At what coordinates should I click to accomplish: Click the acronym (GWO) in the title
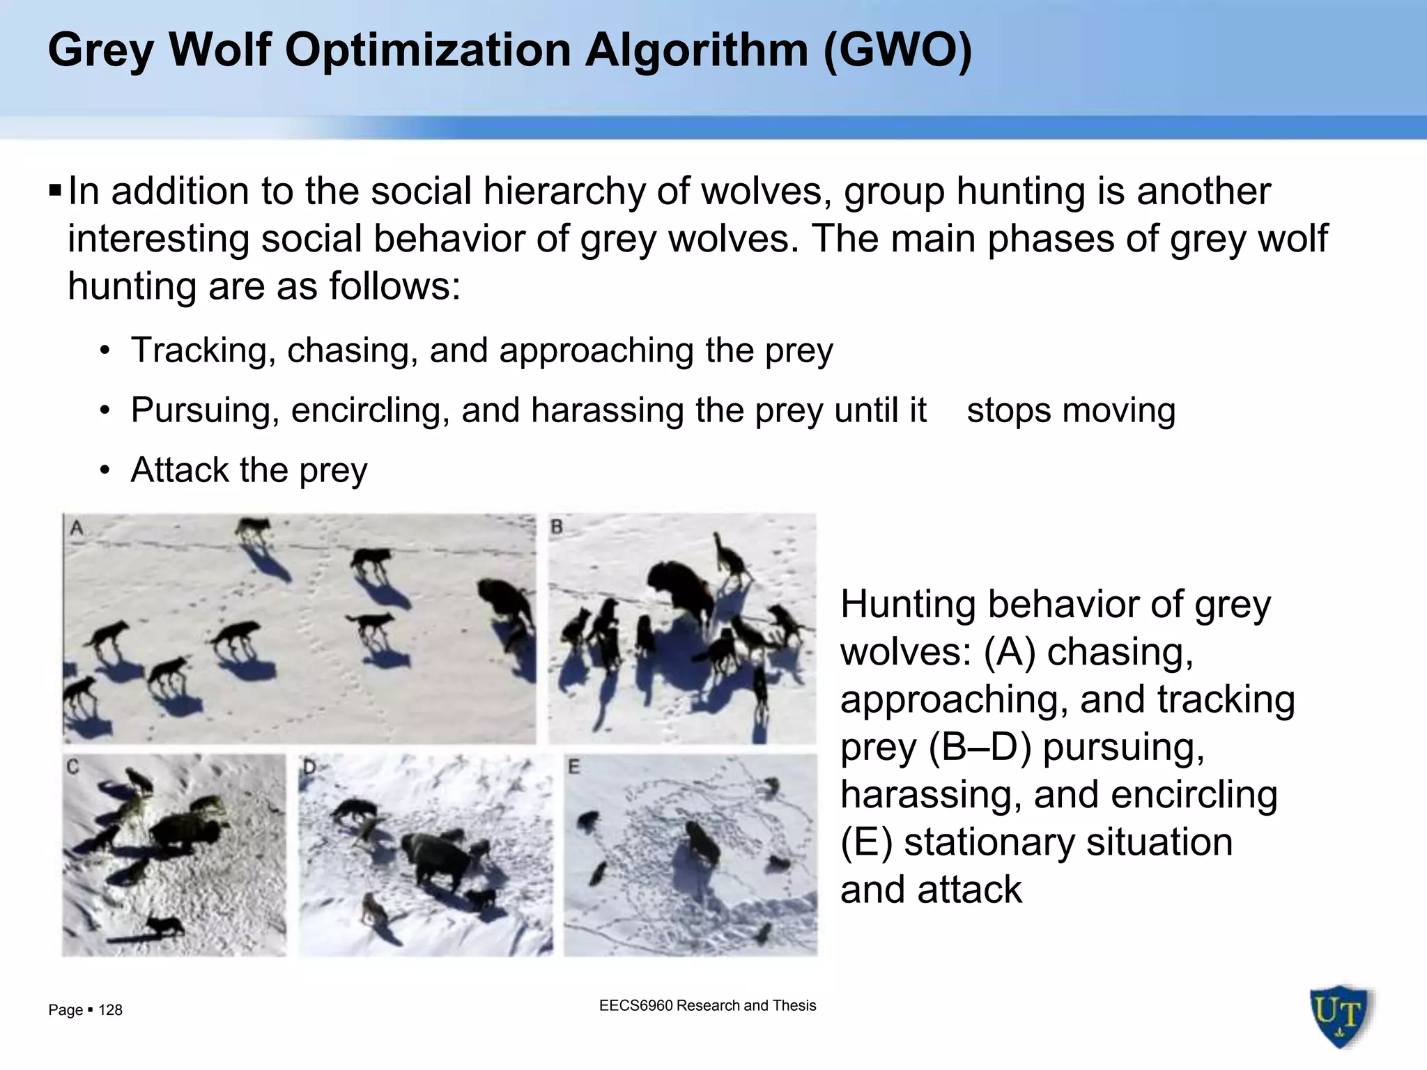(897, 50)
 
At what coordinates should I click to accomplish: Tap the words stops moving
(1071, 410)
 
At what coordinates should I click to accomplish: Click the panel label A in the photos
(77, 528)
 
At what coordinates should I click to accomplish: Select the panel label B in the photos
(557, 527)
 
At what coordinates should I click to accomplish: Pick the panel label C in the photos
(72, 767)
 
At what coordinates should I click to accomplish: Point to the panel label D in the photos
(309, 768)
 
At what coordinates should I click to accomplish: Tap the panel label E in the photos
(573, 767)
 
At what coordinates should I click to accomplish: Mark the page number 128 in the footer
(110, 1010)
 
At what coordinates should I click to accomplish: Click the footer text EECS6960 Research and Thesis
(707, 1005)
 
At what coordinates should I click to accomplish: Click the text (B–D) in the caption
(979, 747)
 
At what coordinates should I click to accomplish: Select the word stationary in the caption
(1068, 842)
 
